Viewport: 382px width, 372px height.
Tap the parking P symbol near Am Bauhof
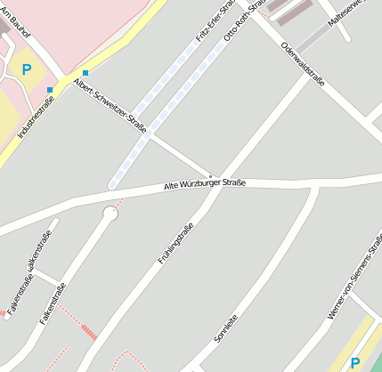point(27,69)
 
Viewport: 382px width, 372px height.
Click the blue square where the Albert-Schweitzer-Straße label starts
point(85,73)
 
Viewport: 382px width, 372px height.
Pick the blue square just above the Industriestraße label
point(50,90)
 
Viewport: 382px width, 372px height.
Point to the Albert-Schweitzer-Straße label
point(111,101)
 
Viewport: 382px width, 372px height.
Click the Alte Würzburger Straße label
point(205,184)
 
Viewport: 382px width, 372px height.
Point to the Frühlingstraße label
point(175,243)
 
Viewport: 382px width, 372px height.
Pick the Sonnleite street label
point(226,328)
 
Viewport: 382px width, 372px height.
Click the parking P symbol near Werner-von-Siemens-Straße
point(355,363)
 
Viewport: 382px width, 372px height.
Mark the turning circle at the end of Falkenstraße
point(110,214)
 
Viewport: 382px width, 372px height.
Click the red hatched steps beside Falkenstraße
point(88,332)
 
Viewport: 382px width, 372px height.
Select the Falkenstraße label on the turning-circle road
point(53,303)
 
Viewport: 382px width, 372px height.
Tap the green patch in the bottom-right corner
point(375,364)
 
